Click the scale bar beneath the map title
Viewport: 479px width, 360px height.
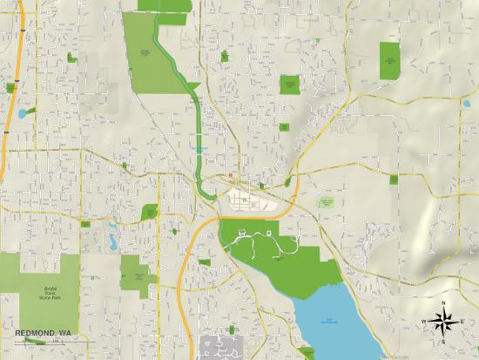tap(35, 341)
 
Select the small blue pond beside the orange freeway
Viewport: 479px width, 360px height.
tap(21, 113)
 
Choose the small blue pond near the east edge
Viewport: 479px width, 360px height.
tap(466, 105)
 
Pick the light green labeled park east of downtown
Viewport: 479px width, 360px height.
tap(327, 202)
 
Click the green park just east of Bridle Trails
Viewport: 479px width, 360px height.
tap(135, 273)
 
